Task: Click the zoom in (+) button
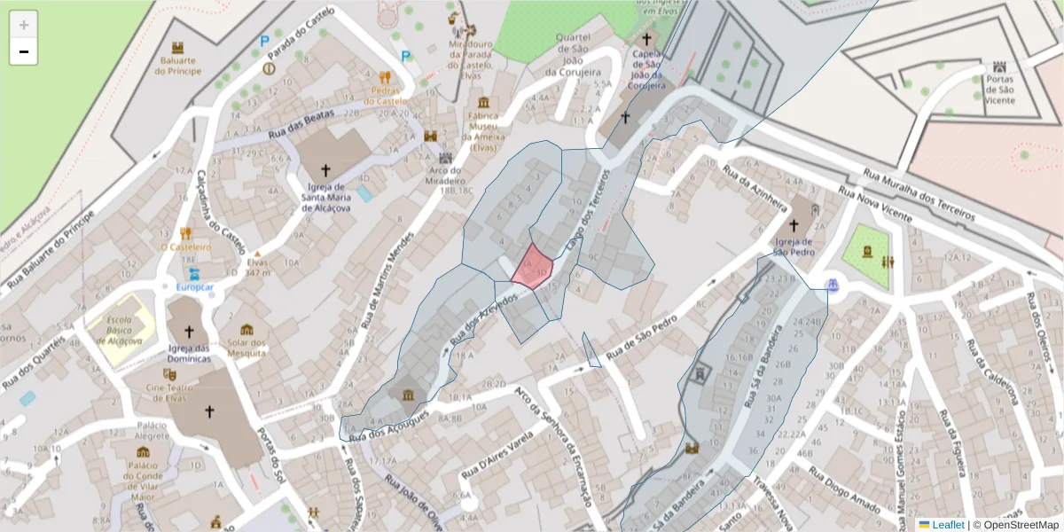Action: coord(24,25)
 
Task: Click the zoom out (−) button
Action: coord(24,51)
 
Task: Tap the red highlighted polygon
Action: coord(534,267)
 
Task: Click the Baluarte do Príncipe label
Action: coord(178,65)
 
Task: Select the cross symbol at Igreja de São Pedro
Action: coord(793,226)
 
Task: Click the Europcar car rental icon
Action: coord(194,274)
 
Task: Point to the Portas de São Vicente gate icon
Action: coord(1000,67)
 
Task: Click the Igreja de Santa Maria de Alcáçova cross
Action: coord(325,169)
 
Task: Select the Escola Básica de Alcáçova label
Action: coord(119,330)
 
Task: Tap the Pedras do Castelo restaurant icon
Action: coord(385,77)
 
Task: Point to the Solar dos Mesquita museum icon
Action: coord(246,330)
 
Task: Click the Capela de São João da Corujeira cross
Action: coord(646,40)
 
